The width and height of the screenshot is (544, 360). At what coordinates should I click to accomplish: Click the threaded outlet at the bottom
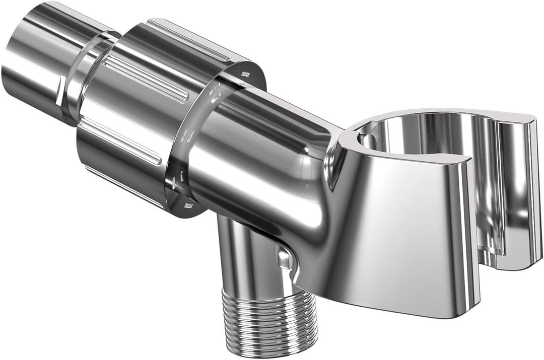coord(269,322)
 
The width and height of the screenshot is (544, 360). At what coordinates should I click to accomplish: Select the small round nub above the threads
coord(285,260)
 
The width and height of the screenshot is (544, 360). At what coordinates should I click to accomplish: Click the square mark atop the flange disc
coord(245,74)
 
